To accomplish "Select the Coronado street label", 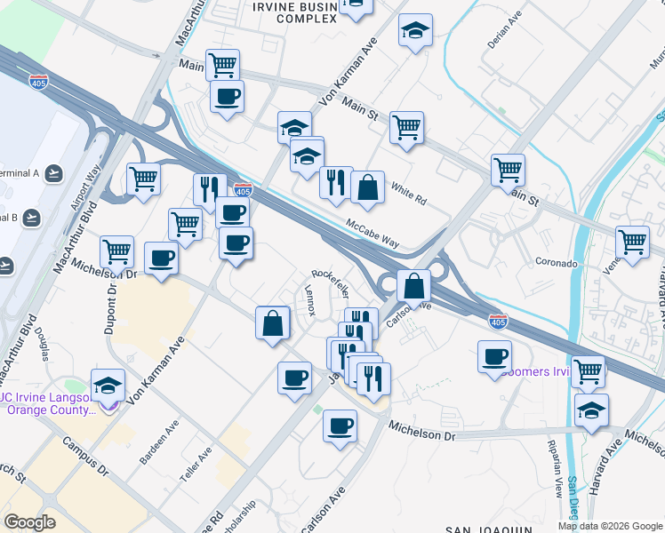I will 557,263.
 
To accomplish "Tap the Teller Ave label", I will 196,464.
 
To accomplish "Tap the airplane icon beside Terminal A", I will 55,172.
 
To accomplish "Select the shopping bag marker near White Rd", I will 367,187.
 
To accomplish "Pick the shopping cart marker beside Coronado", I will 632,242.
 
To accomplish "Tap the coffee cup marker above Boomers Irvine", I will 494,357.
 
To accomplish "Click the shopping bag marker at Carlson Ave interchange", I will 413,286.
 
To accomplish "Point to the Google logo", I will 29,522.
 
